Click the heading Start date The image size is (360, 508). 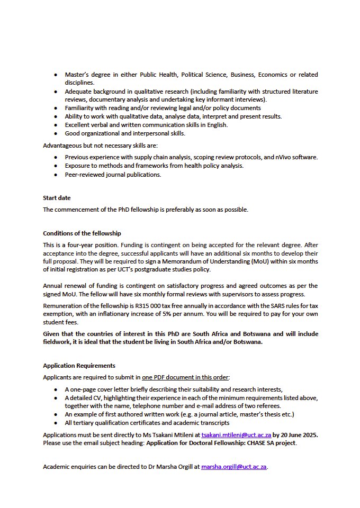57,198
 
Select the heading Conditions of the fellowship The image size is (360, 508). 82,233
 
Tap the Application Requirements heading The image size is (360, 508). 79,366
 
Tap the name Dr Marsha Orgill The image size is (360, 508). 165,467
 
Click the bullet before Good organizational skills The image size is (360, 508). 56,133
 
